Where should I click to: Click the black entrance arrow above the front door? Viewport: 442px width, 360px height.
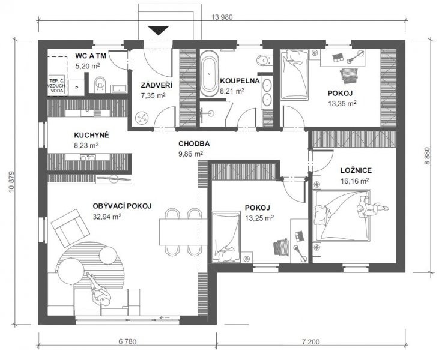tap(159, 30)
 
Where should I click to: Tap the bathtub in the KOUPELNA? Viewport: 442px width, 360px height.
tap(209, 74)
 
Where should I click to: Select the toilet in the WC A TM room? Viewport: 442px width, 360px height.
tap(100, 84)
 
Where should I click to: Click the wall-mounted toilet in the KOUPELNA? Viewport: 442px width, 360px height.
tap(263, 60)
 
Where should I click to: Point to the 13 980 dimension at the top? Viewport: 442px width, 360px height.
tap(222, 17)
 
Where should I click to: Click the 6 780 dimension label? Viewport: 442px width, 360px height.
tap(127, 342)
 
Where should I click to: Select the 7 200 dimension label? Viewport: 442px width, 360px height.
tap(311, 342)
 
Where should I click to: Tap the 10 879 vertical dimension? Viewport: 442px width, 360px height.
tap(11, 181)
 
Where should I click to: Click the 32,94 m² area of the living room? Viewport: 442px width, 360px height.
tap(107, 217)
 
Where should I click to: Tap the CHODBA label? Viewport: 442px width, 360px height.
tap(194, 143)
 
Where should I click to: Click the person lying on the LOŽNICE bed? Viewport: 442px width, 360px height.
tap(372, 208)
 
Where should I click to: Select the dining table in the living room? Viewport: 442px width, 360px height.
tap(183, 232)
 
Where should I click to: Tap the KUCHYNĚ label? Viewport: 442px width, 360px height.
tap(92, 135)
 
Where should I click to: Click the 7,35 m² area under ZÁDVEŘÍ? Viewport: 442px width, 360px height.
tap(153, 95)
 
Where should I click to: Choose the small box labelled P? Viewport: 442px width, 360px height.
tap(77, 88)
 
